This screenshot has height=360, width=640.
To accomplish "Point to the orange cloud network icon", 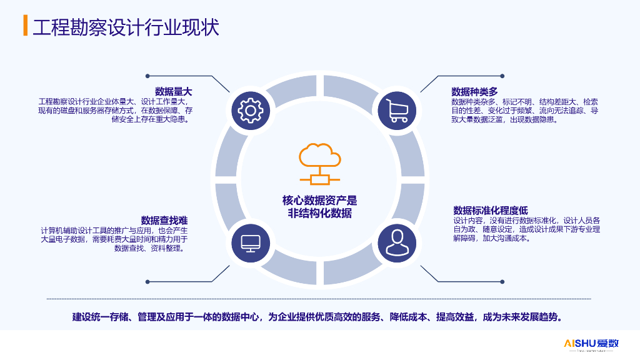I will pos(319,164).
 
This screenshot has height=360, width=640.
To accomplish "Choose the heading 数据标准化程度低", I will pos(491,210).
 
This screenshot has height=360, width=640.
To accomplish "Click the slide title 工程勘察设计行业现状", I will pos(125,27).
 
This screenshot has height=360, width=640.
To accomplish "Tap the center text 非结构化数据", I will pos(319,214).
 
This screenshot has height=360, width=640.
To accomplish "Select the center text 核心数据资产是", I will pos(319,201).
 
